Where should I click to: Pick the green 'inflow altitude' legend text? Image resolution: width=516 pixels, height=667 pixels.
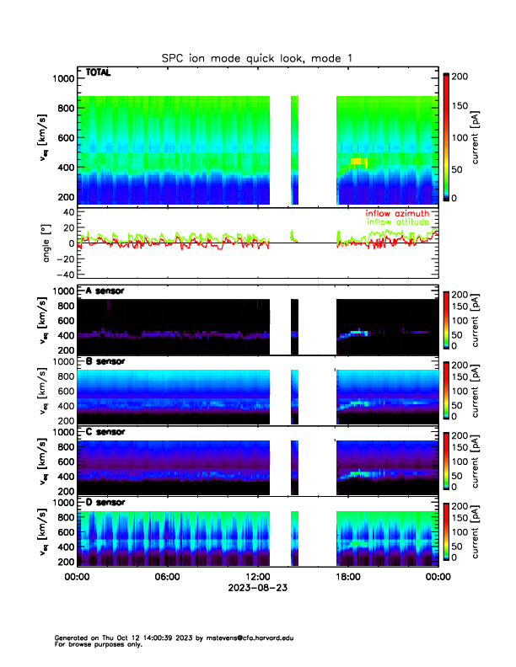398,221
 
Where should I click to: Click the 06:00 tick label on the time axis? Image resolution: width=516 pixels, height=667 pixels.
167,577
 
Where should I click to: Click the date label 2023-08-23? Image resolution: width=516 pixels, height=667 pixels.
257,588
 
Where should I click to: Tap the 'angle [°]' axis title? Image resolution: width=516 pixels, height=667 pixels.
48,243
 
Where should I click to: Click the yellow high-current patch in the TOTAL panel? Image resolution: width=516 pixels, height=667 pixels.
359,161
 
